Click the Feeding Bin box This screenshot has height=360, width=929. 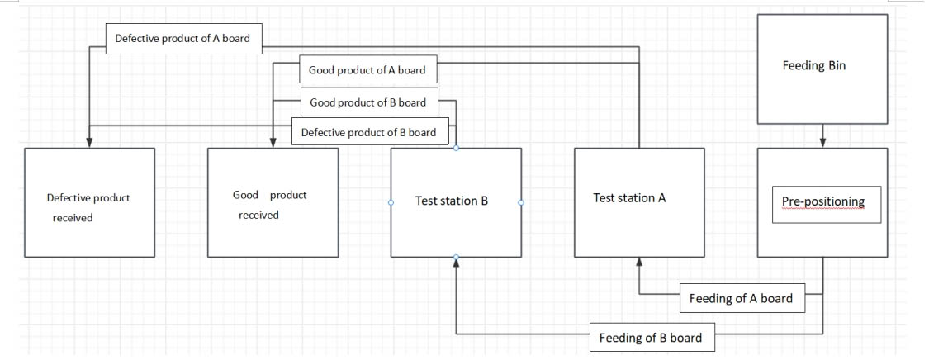822,69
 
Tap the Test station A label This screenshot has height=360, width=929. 629,198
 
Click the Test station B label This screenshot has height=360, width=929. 452,201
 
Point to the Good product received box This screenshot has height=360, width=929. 273,203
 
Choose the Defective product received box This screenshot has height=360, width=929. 89,203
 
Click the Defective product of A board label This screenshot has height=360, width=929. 183,38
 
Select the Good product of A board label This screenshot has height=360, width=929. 367,70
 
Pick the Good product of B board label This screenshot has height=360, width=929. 367,102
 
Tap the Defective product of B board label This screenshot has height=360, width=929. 368,131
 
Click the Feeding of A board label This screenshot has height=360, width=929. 741,298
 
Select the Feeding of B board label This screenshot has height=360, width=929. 651,337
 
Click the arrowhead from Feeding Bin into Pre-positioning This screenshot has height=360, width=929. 822,143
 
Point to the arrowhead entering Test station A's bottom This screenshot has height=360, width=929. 639,263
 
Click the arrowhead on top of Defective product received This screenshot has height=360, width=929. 89,143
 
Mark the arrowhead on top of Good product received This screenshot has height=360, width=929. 273,143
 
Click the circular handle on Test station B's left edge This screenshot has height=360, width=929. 391,202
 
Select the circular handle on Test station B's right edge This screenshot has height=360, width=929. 521,202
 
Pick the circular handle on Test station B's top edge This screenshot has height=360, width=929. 456,148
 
